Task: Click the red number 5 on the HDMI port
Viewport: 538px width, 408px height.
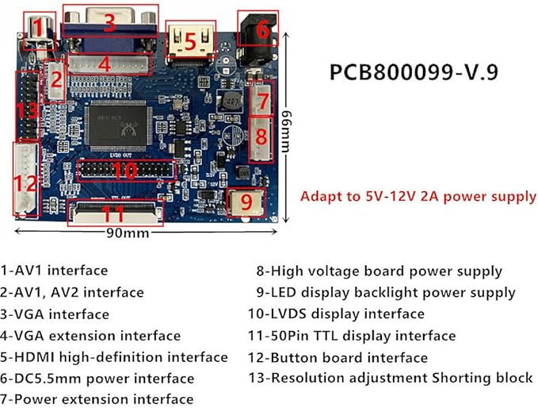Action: coord(190,41)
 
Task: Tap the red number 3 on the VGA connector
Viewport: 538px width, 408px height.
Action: coord(110,22)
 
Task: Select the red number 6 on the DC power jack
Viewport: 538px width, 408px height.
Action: coord(263,29)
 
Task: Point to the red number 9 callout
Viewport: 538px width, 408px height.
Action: coord(246,202)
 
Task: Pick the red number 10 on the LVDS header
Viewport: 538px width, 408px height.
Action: coord(125,171)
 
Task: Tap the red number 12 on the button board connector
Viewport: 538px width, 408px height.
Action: coord(25,184)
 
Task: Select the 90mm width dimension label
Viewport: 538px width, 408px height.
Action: coord(128,233)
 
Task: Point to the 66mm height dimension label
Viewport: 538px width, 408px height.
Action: coord(286,131)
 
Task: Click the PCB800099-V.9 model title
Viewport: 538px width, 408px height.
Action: coord(414,72)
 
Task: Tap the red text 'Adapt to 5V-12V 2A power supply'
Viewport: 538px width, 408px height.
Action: coord(418,196)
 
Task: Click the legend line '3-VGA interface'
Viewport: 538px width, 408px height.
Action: coord(55,314)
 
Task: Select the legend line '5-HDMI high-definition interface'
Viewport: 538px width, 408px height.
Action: coord(114,357)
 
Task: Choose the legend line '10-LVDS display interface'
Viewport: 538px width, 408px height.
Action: coord(336,314)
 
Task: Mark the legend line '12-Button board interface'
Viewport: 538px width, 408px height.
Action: coord(338,358)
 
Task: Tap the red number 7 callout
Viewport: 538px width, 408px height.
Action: coord(263,101)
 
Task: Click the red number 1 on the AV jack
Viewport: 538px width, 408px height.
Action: coord(38,28)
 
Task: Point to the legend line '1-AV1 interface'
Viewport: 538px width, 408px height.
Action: coord(54,271)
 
